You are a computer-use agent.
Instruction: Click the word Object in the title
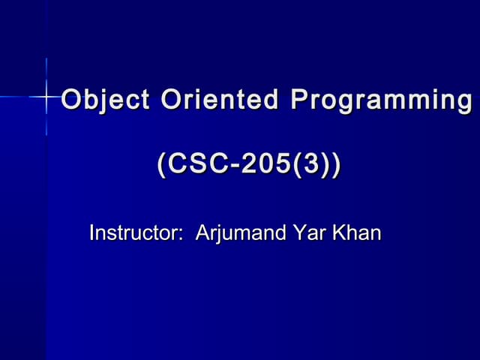97,100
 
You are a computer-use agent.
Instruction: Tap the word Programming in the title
381,100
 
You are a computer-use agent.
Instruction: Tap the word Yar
309,233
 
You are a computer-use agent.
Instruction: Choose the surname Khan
356,233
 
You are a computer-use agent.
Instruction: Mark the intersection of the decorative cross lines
46,96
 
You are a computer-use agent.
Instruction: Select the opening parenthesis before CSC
160,164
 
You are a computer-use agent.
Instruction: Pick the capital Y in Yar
298,233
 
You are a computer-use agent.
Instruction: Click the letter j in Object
98,100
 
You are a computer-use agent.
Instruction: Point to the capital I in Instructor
91,233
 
